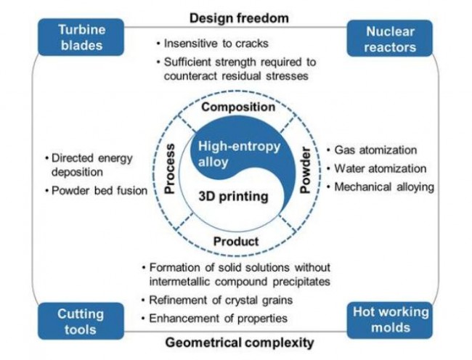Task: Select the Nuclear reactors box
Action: (x=391, y=39)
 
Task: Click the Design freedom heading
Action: (x=239, y=17)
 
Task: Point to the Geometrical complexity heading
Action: (x=240, y=342)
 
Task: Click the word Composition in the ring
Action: (x=238, y=107)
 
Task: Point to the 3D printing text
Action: (x=233, y=197)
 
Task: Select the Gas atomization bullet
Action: (x=375, y=150)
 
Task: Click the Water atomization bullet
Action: (x=380, y=168)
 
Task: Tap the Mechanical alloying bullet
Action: (x=383, y=187)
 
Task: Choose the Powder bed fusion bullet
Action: (x=99, y=191)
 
